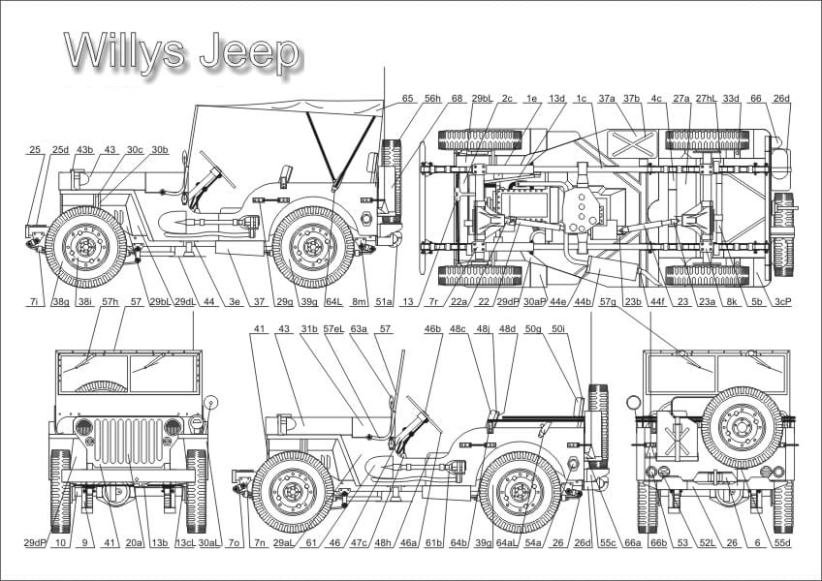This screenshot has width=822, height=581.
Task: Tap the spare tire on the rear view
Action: (x=742, y=426)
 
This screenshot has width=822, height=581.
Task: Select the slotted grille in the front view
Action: (x=128, y=441)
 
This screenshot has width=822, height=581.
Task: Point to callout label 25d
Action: (x=60, y=150)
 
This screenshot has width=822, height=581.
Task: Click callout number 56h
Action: (x=432, y=99)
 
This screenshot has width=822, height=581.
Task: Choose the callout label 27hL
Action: (x=706, y=99)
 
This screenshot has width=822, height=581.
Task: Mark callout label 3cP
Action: (x=783, y=303)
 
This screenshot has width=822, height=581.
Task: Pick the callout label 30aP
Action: (x=534, y=303)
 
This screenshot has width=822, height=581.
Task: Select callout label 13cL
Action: (x=185, y=543)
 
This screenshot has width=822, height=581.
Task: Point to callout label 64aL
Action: (x=507, y=543)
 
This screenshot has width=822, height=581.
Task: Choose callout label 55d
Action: (x=783, y=543)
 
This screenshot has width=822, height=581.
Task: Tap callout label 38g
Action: (x=60, y=303)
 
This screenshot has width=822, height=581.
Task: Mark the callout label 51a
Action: (x=384, y=303)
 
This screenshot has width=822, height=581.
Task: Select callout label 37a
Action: (x=607, y=99)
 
